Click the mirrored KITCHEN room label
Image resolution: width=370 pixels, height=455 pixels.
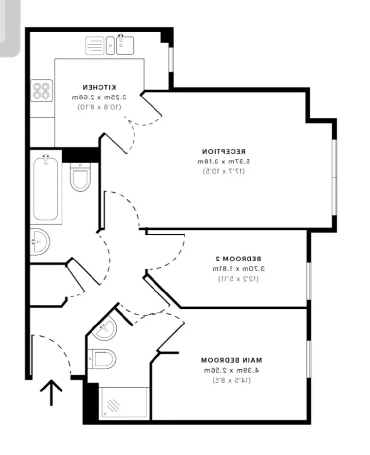coord(99,87)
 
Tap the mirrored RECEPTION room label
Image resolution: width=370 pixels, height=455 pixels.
coord(223,152)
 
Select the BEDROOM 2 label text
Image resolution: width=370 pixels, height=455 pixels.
coord(238,259)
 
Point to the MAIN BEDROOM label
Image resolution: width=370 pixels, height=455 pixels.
coord(231,360)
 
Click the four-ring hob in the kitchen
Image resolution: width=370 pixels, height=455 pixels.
coord(41,91)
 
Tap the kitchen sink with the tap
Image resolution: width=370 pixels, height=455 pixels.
coord(125,45)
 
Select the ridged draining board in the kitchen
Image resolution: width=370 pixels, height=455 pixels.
coord(94,46)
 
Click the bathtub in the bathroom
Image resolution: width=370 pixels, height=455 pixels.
coord(46,189)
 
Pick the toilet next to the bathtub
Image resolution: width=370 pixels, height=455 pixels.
coord(80,177)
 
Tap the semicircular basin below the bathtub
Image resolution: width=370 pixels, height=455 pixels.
coord(40,242)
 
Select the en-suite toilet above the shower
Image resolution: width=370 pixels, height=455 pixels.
coord(102,358)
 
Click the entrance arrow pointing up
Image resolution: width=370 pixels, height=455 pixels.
coord(51,392)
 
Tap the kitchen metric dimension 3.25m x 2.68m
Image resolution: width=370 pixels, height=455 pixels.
coord(99,97)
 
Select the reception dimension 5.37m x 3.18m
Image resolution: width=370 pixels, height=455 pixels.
coord(223,162)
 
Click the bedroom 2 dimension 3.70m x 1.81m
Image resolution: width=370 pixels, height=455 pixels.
coord(238,269)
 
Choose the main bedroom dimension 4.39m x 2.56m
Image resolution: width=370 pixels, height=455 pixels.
coord(231,371)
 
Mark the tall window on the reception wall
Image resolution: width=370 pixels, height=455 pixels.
coord(334,177)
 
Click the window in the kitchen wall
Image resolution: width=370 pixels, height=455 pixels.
coord(171,59)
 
